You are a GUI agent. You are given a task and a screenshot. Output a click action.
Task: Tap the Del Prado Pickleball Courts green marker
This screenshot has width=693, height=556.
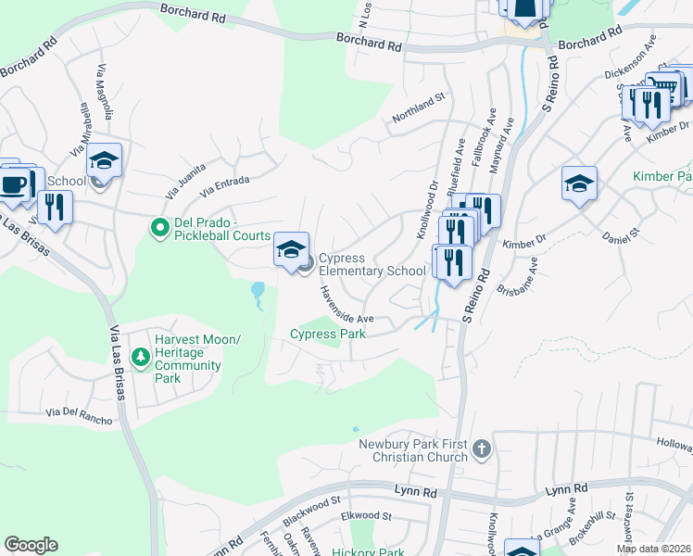pos(159,225)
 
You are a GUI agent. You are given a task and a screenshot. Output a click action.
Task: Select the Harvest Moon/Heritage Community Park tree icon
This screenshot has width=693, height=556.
pos(140,357)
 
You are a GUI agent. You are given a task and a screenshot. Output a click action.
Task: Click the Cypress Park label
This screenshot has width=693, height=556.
pos(327,334)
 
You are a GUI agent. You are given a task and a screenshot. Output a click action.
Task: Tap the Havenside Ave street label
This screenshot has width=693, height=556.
pos(346,304)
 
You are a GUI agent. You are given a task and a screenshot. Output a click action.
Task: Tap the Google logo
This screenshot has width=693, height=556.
pos(31,545)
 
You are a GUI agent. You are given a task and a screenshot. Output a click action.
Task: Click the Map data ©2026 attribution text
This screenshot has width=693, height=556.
pos(654,549)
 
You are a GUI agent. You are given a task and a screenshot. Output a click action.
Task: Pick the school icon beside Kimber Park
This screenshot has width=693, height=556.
pos(579,183)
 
